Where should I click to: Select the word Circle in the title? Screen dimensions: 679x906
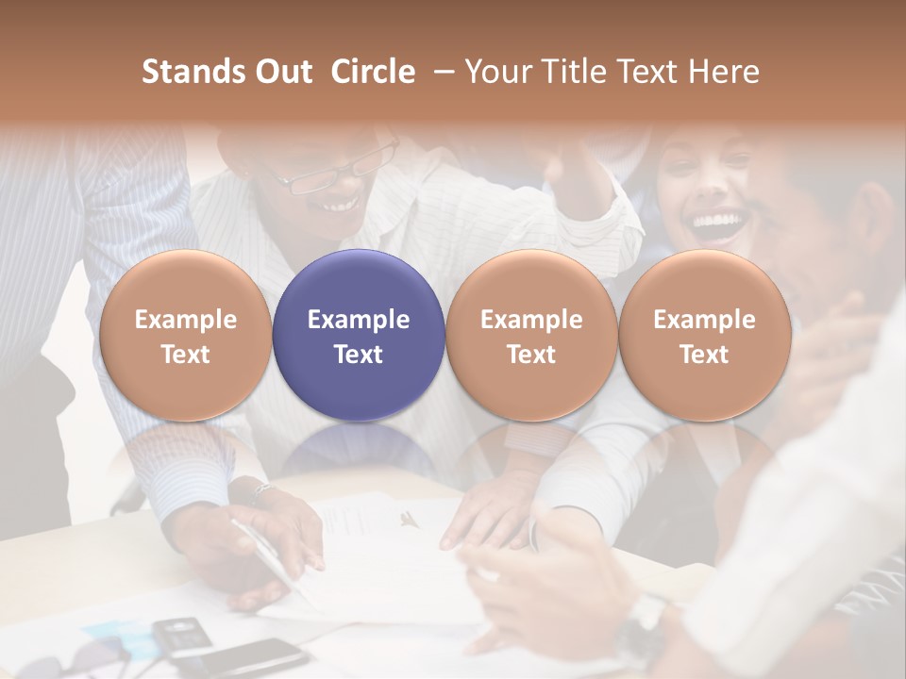373,72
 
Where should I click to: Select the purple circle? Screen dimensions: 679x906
359,335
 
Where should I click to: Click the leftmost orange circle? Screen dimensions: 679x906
185,335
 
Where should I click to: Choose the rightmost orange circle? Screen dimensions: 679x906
704,335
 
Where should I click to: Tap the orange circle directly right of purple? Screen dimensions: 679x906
531,335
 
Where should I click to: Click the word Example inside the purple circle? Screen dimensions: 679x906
359,320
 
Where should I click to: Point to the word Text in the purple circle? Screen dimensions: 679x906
359,355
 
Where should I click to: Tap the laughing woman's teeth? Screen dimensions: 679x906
716,224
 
